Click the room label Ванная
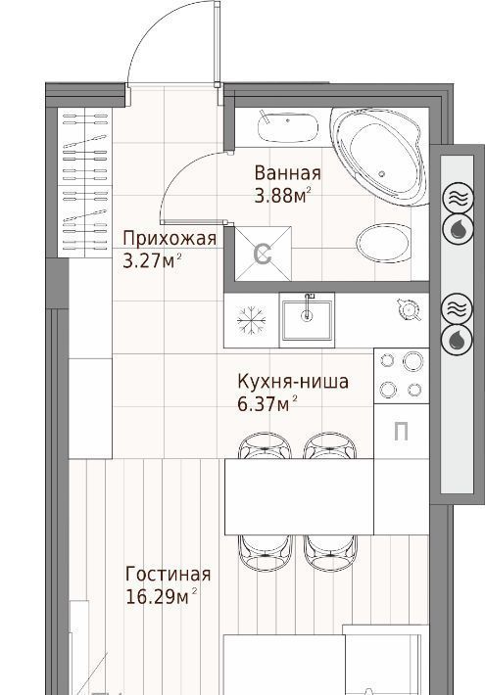point(287,173)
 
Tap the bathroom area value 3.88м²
point(282,195)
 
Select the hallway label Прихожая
point(170,240)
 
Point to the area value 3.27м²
point(153,260)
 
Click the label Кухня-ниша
point(293,381)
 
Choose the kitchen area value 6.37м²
point(267,404)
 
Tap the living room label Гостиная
point(169,574)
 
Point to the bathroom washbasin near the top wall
point(287,127)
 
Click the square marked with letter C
point(264,254)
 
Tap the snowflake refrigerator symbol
point(252,320)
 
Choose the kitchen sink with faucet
point(307,317)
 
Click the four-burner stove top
point(401,376)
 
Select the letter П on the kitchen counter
point(401,432)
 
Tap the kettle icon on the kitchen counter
point(409,309)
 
